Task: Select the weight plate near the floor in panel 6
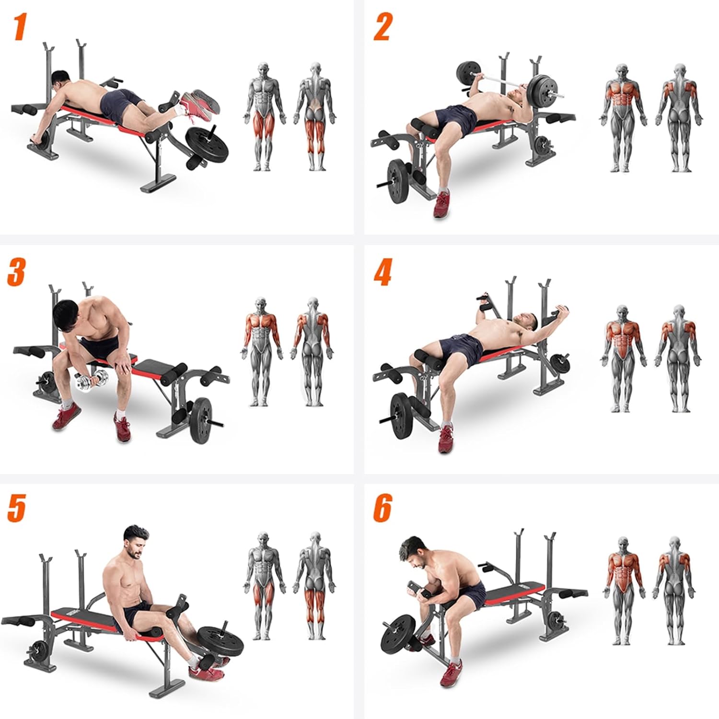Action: [398, 636]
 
